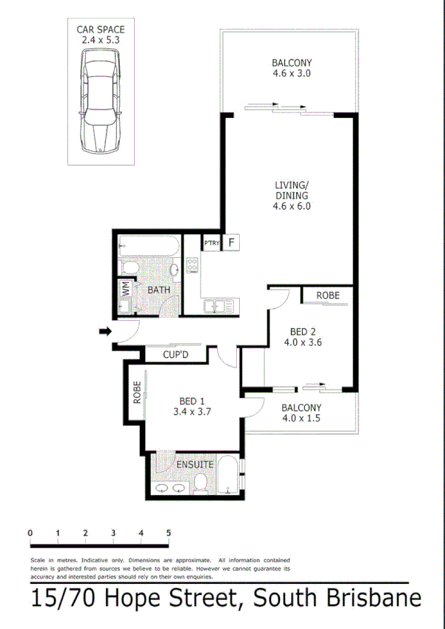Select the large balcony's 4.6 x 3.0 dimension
click(x=291, y=74)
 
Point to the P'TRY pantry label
click(x=212, y=242)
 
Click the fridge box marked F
click(x=232, y=242)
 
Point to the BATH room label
click(x=159, y=290)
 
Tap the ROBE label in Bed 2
click(x=328, y=296)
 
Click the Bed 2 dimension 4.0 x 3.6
click(x=306, y=342)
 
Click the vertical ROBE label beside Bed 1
click(x=137, y=393)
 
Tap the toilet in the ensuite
click(x=200, y=483)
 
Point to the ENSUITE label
click(x=195, y=465)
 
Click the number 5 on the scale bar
click(x=169, y=533)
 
